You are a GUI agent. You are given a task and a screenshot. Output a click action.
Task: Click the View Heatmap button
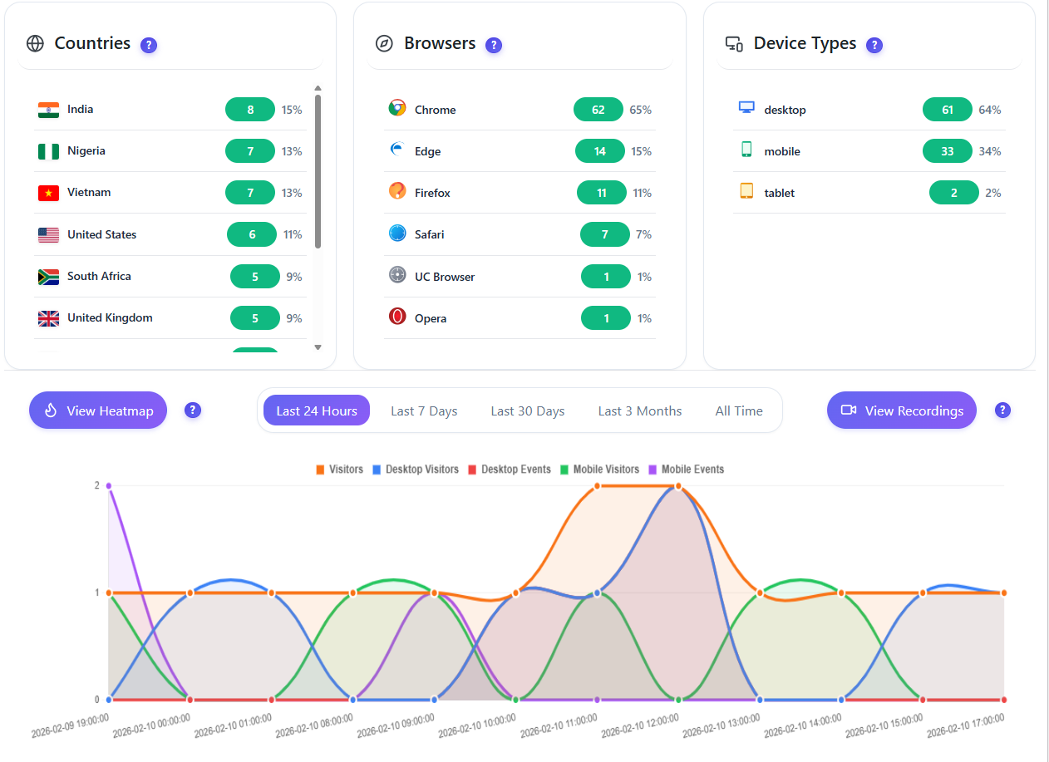pos(98,410)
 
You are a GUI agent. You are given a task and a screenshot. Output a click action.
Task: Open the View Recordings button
pos(902,410)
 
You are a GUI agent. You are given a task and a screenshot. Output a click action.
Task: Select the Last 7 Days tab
pos(424,410)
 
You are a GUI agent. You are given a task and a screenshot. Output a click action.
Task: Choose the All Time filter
pos(739,410)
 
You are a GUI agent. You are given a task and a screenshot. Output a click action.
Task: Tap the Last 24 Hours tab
pos(317,410)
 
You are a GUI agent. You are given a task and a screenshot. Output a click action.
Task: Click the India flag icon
pos(48,110)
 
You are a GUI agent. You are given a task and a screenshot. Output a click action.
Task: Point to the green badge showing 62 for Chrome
pos(598,110)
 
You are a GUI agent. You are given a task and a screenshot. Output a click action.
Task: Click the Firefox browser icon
pos(397,191)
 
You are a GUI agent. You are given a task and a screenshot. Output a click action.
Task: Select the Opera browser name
pos(431,318)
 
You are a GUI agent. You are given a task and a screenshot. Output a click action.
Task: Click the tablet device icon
pos(746,191)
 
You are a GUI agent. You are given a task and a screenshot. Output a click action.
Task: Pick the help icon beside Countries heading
pos(149,45)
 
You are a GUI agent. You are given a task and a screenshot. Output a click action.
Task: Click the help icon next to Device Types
pos(874,45)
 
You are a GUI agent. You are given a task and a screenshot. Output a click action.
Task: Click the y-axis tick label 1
pos(97,592)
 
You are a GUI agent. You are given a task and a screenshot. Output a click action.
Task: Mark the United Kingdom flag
pos(48,318)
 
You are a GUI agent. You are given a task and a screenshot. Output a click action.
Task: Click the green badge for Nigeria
pos(250,151)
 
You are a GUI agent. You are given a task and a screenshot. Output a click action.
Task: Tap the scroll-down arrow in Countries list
pos(318,347)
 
